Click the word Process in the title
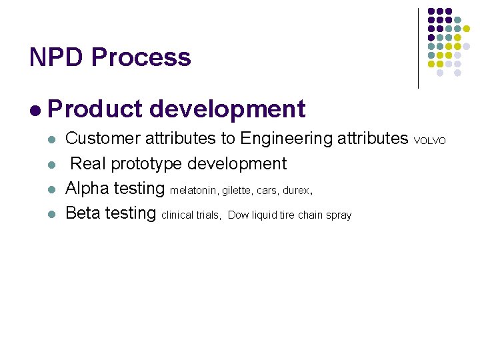click(x=141, y=58)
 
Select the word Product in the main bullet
click(x=95, y=109)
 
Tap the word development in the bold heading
click(x=228, y=109)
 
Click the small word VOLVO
click(x=430, y=141)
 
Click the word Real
click(x=87, y=163)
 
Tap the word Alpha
click(x=87, y=189)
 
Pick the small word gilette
click(x=235, y=191)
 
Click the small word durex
click(x=295, y=191)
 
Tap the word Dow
click(x=237, y=215)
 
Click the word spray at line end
click(x=338, y=216)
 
